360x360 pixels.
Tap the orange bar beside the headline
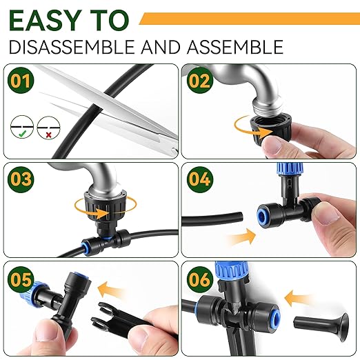(248, 19)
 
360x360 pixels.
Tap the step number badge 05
(23, 280)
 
